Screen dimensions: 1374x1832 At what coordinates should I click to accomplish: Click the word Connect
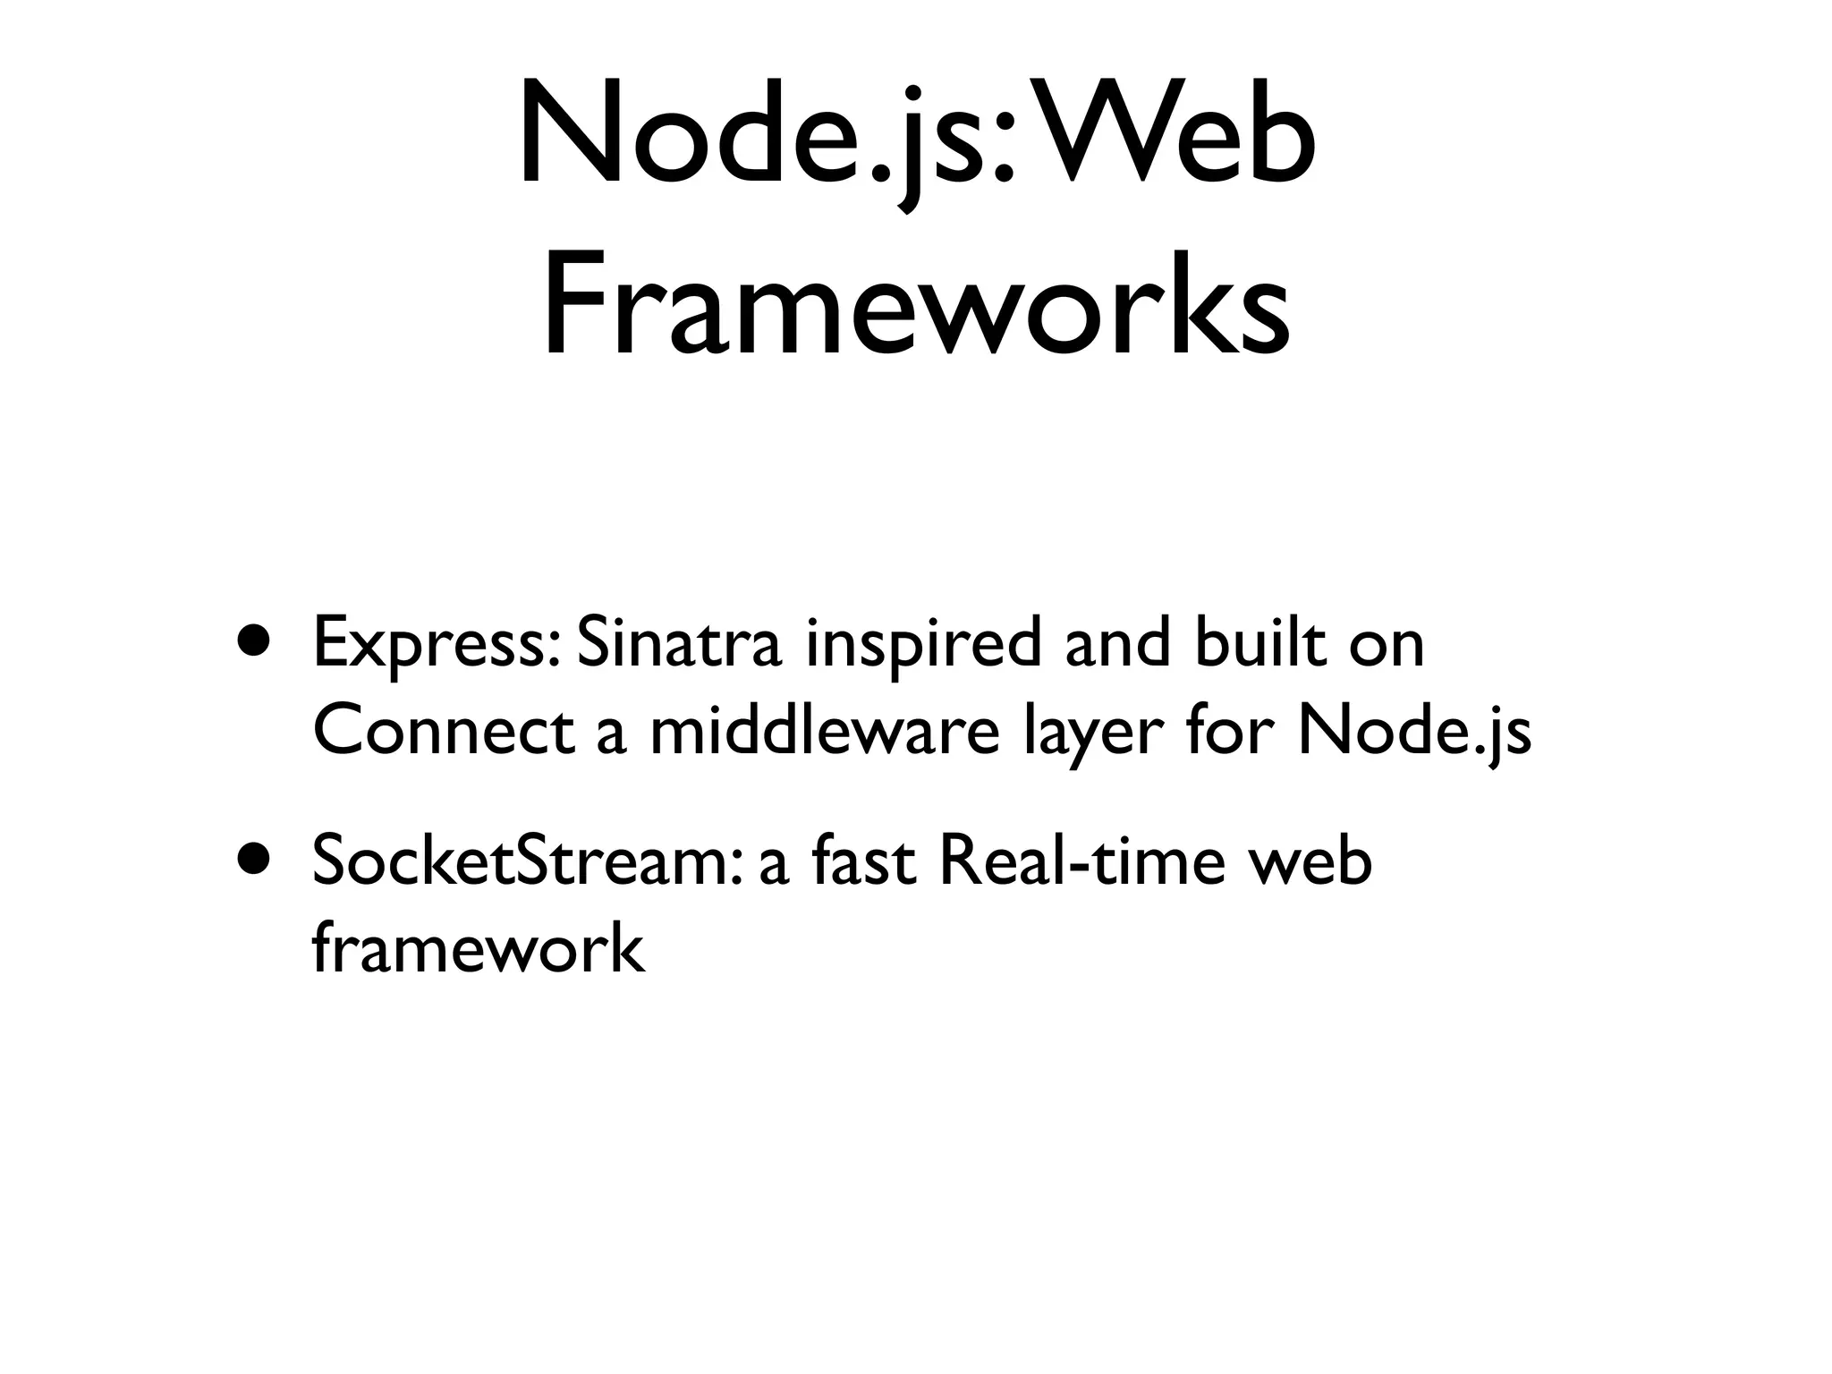(443, 732)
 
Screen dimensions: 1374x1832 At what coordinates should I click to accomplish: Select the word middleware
(824, 732)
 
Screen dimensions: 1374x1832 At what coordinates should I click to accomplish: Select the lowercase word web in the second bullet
(1310, 864)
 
